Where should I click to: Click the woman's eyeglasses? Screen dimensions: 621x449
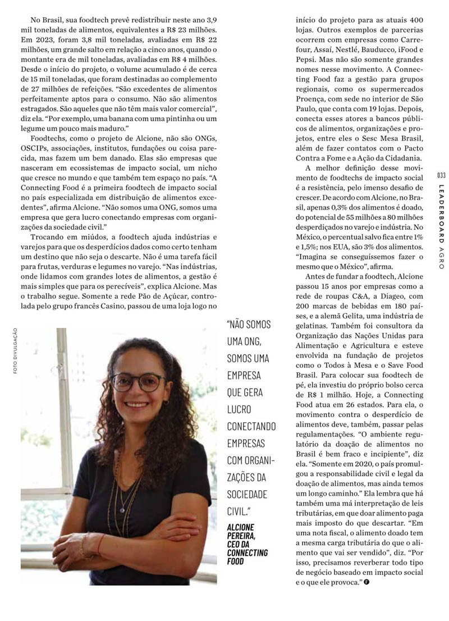click(138, 382)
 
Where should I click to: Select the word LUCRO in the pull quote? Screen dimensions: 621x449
click(239, 409)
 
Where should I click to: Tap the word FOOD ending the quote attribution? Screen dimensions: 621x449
click(236, 560)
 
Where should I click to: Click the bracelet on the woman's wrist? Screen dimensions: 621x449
click(85, 545)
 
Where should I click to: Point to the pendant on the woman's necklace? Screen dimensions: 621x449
click(122, 509)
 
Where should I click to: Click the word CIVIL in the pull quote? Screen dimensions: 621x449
click(239, 511)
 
